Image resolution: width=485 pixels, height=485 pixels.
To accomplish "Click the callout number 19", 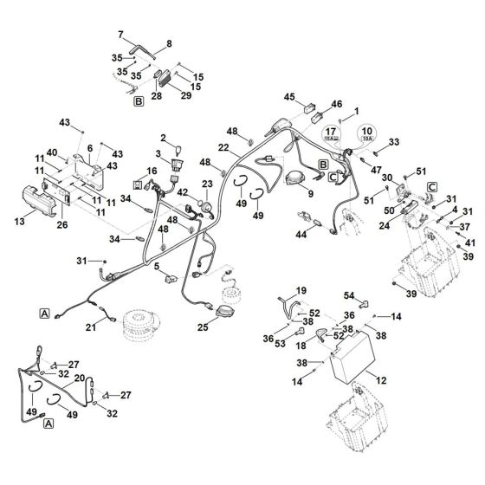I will pos(278,291).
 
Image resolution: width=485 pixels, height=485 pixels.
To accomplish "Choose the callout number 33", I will pos(394,141).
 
